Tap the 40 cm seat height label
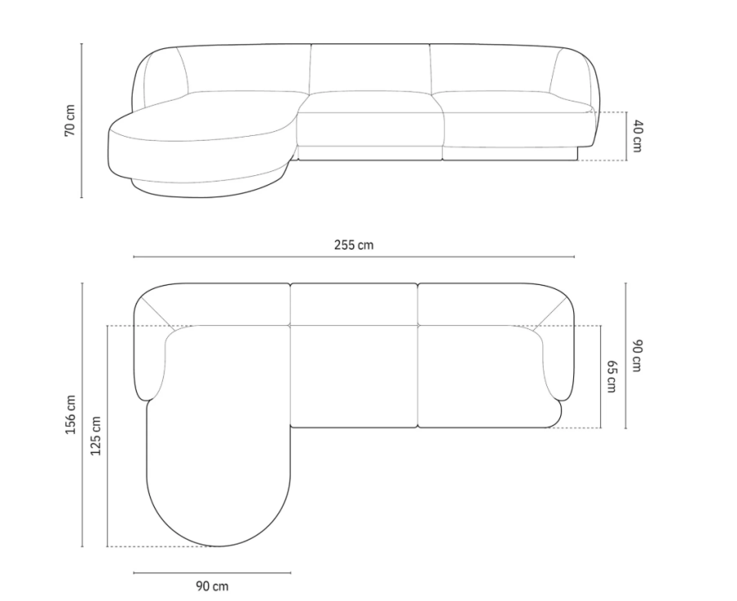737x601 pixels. [636, 136]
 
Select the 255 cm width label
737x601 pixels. [354, 244]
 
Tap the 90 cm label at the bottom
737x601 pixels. [212, 585]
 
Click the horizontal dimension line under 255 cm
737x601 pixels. [354, 257]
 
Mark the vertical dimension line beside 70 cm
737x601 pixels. [82, 120]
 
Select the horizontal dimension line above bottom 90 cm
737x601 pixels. [212, 572]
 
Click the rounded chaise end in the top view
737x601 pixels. [218, 508]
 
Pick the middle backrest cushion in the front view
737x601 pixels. [370, 69]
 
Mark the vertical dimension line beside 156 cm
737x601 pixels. [82, 414]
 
